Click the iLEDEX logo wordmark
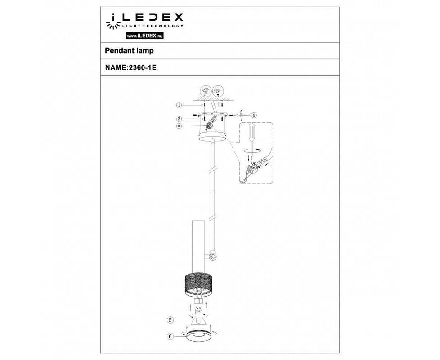click(x=152, y=17)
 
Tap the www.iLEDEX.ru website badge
click(x=145, y=36)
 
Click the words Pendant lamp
click(x=129, y=51)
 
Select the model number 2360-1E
click(x=142, y=67)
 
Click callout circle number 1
click(x=179, y=105)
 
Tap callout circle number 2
click(x=179, y=119)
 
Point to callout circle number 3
click(x=179, y=126)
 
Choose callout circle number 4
click(x=253, y=115)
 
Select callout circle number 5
click(x=170, y=320)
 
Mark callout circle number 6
click(x=170, y=336)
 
